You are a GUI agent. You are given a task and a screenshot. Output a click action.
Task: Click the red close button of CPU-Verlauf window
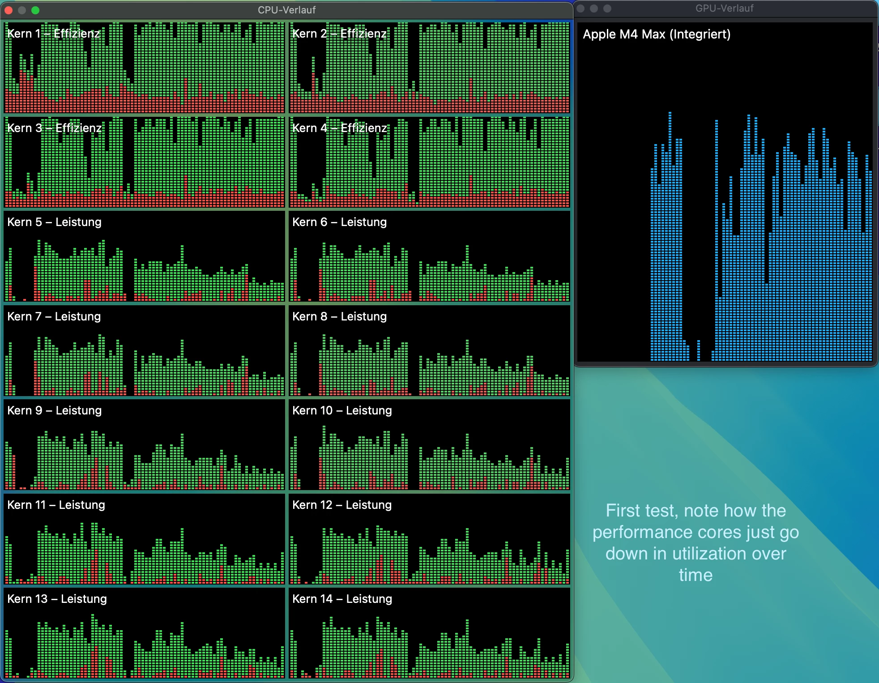9,10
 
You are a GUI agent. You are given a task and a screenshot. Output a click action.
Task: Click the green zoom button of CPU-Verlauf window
35,10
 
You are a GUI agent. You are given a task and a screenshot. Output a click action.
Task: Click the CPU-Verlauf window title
286,10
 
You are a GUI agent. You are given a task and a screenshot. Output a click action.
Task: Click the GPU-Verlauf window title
724,8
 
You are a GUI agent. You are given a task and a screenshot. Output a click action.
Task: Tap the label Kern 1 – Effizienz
54,34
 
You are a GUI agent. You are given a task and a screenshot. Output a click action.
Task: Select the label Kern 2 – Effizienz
339,34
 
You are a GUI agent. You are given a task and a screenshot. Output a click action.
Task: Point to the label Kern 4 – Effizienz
339,128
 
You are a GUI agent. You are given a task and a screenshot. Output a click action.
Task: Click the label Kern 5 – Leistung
54,222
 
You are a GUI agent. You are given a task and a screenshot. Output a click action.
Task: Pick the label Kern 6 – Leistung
339,222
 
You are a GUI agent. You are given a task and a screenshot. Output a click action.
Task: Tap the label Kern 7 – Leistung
54,316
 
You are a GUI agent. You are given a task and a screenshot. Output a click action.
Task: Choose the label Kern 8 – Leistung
339,316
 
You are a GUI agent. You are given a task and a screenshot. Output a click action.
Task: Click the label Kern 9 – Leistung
54,410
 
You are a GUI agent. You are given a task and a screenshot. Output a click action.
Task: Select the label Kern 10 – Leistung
342,410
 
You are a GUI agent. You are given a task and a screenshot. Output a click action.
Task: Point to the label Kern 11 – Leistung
56,505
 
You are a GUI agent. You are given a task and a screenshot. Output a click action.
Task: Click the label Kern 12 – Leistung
342,505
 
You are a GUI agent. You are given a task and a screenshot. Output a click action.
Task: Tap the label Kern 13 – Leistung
57,599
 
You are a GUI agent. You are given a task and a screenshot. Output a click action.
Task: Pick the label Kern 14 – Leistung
342,599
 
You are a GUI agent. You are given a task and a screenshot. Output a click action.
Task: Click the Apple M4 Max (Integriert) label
657,34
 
